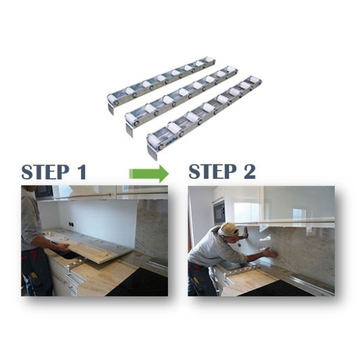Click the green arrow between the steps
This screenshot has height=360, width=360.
[149, 174]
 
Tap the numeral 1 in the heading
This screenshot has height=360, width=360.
[80, 172]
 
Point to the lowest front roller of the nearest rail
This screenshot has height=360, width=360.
[153, 142]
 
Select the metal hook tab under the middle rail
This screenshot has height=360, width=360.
[130, 128]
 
